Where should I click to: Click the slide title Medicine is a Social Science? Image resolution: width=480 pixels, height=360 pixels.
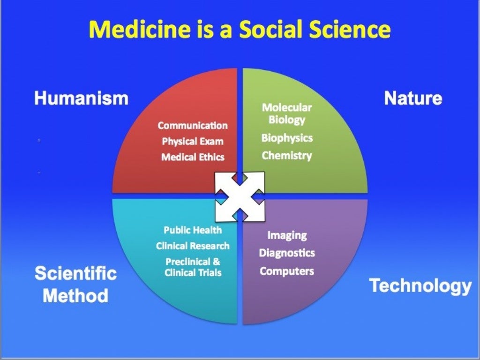coord(240,29)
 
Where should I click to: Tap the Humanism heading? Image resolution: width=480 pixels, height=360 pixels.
coord(81,98)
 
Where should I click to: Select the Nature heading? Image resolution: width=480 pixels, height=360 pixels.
coord(413,98)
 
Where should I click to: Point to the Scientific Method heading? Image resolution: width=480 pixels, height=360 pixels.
coord(75,285)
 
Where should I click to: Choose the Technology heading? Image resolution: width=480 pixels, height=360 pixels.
coord(420,285)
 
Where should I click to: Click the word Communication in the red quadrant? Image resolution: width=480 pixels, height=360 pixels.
coord(193,126)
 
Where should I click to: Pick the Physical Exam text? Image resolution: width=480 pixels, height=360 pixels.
coord(193,141)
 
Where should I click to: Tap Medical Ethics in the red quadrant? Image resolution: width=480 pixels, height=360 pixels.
coord(193,157)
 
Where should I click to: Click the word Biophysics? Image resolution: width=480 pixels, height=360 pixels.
coord(287,138)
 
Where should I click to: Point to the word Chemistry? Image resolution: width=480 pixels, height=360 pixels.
coord(287,156)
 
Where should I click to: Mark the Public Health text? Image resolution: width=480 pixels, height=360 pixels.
coord(193,230)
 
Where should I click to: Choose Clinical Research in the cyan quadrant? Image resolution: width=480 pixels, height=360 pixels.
coord(193,246)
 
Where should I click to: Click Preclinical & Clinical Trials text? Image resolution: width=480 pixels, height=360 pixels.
coord(193,267)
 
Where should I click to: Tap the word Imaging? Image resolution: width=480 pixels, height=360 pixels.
coord(287,235)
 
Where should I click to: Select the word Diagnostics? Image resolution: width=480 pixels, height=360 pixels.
coord(287,253)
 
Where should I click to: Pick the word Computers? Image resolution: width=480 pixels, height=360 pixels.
coord(287,271)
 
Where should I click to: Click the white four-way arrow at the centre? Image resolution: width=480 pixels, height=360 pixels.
coord(240,196)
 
